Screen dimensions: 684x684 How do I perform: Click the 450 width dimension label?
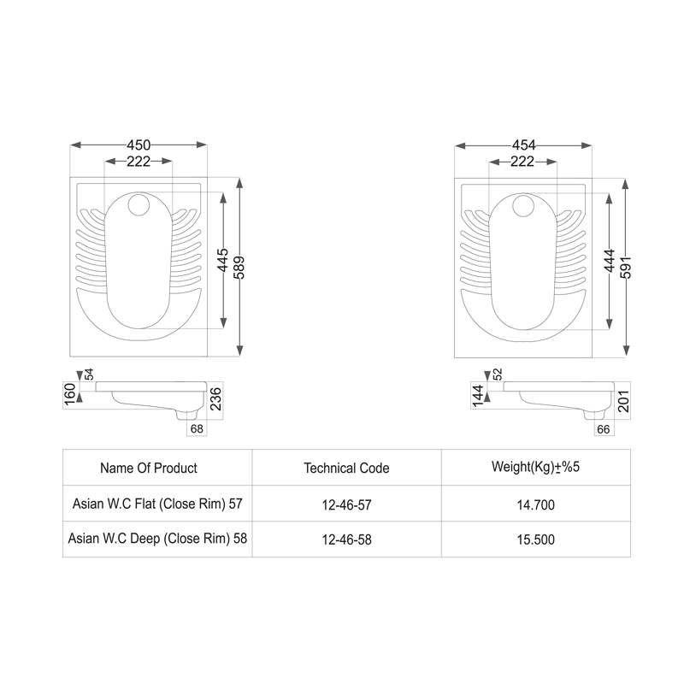(x=138, y=144)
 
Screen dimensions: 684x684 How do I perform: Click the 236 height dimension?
(x=216, y=400)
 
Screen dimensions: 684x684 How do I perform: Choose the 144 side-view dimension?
(x=478, y=394)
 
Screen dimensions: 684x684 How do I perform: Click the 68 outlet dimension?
(x=197, y=428)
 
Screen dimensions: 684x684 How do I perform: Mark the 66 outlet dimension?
(x=603, y=428)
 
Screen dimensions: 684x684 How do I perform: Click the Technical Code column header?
(x=346, y=468)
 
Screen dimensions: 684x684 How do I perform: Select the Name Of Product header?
(x=149, y=468)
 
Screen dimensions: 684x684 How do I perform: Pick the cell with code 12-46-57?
(x=346, y=504)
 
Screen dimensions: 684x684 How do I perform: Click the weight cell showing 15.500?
(x=536, y=540)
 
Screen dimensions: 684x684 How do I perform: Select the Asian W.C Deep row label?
(x=157, y=540)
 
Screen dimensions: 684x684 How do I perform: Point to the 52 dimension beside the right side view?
(x=496, y=374)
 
